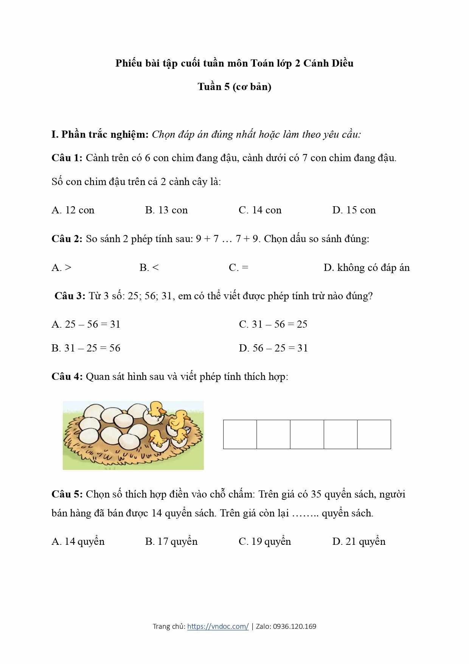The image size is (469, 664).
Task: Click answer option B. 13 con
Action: tap(166, 210)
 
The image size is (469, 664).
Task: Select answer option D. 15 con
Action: tap(354, 210)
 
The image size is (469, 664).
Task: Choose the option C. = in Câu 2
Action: tap(239, 267)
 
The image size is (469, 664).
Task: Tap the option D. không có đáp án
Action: tap(366, 267)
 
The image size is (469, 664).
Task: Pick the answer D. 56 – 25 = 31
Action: tap(273, 348)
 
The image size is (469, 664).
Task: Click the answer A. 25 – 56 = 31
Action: tap(86, 324)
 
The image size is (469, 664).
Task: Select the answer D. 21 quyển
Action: tap(359, 541)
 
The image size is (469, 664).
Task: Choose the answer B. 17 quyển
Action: tap(171, 541)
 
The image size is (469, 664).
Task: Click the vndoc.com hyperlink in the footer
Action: tap(218, 626)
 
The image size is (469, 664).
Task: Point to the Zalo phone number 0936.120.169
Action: tap(295, 626)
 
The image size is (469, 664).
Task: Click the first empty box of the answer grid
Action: tap(240, 434)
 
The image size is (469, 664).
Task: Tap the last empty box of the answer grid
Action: tap(374, 434)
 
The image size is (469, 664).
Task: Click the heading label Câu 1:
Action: tap(67, 158)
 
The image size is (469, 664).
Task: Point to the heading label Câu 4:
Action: tap(67, 376)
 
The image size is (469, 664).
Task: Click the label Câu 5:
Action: tap(67, 494)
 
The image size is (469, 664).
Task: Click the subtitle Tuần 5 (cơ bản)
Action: tap(234, 87)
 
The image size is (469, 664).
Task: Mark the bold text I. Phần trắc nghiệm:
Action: tap(100, 134)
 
